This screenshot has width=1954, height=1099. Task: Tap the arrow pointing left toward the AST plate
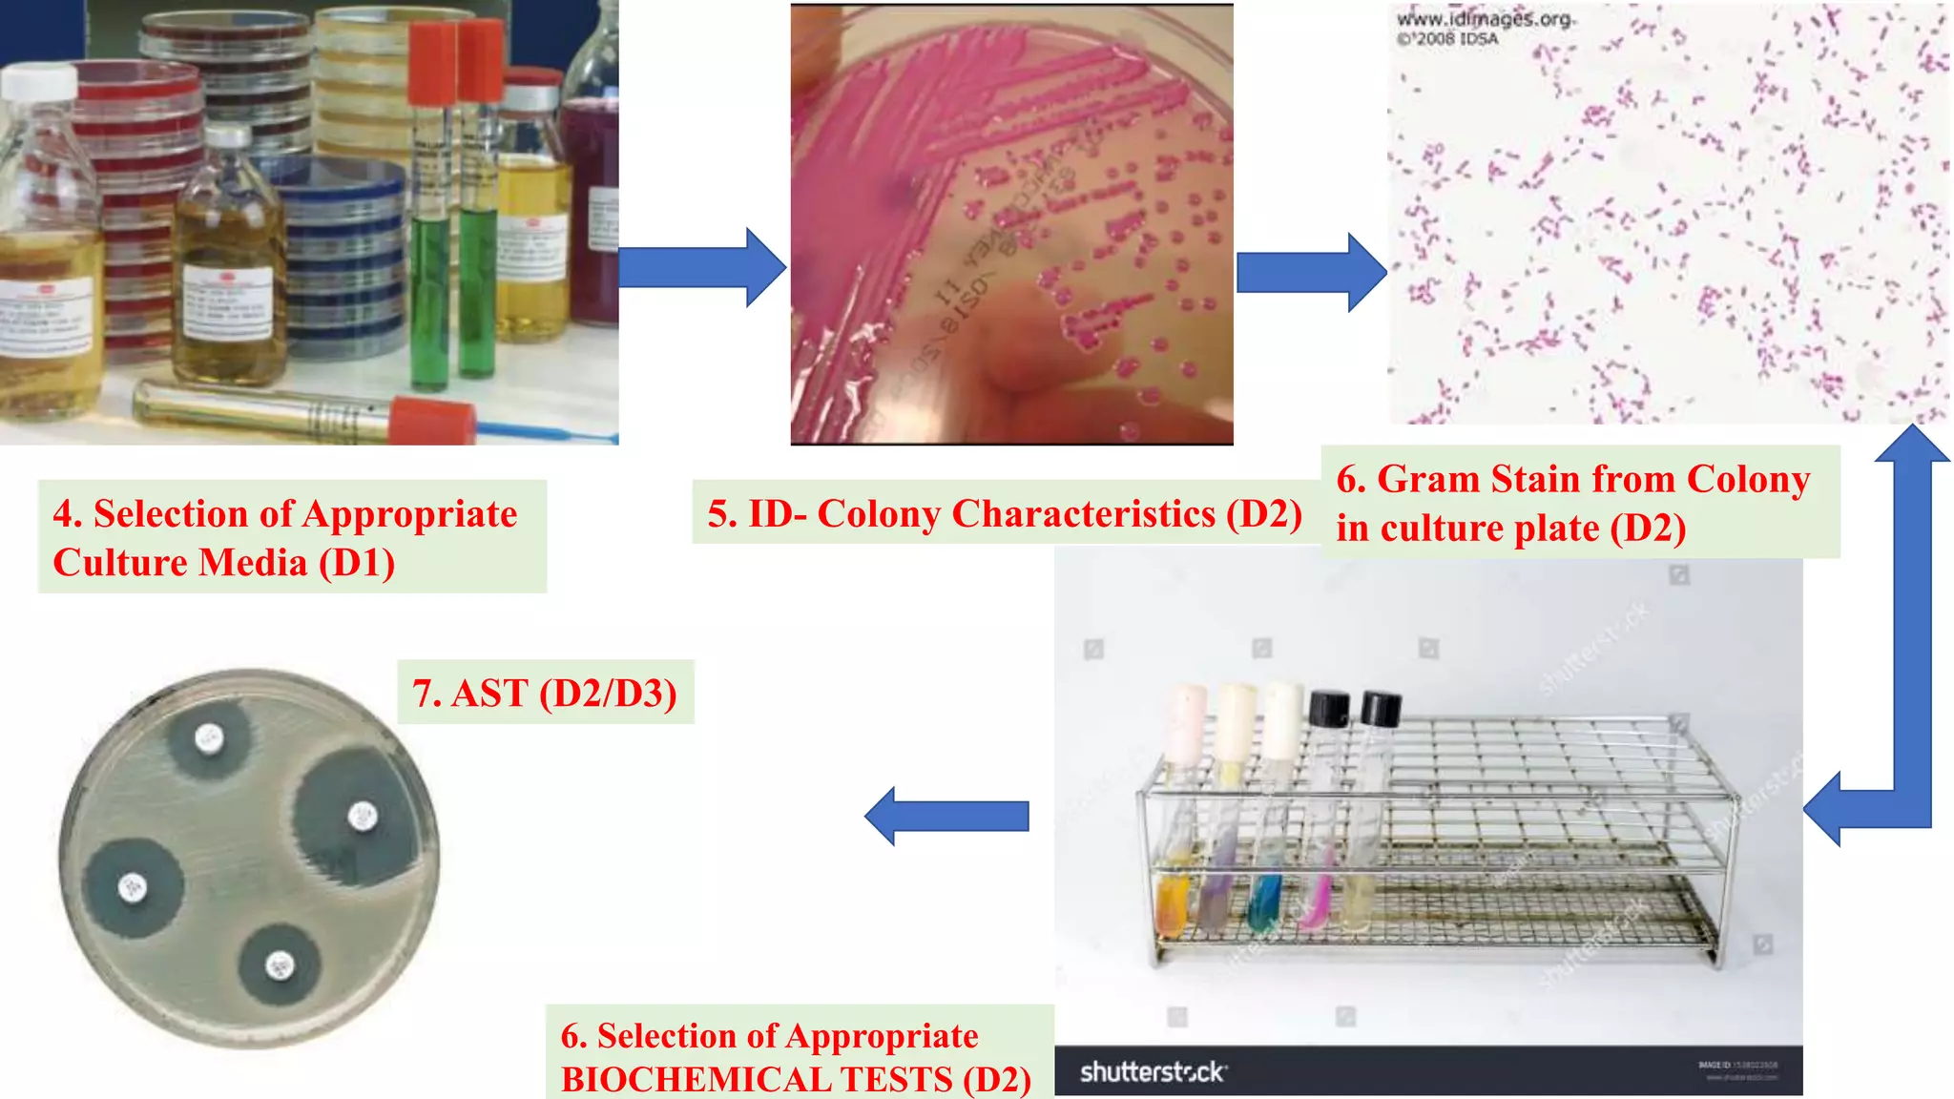[945, 817]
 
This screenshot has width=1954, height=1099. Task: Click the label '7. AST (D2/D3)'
[545, 693]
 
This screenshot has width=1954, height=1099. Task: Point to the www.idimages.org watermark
[1485, 19]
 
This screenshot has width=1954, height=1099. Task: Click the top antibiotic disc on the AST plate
[209, 737]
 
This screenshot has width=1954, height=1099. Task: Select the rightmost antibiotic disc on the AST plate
[362, 816]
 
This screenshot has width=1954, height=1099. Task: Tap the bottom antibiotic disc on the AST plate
[279, 964]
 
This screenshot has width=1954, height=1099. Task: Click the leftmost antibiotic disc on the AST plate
[132, 887]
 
